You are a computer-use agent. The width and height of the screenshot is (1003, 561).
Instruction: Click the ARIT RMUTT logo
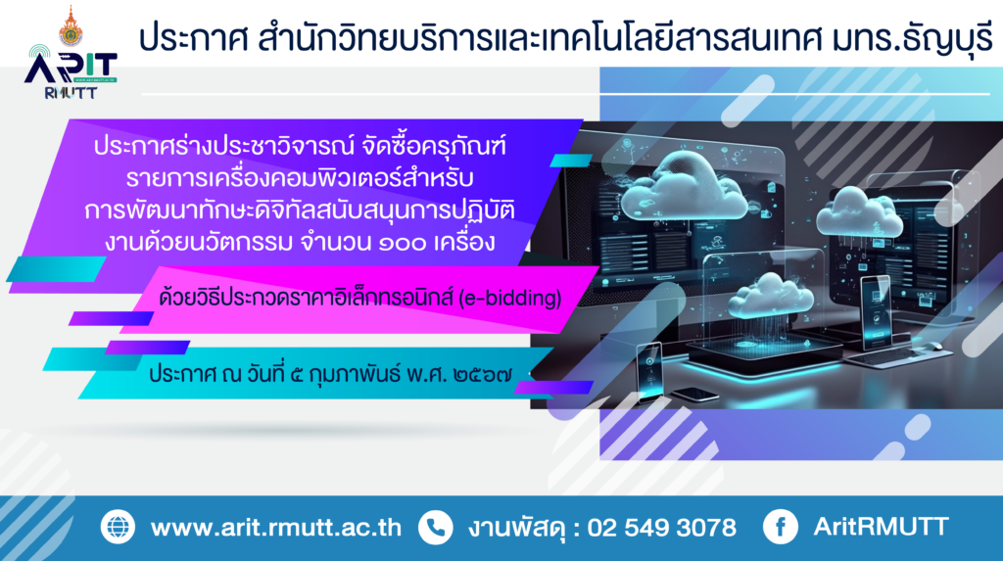71,71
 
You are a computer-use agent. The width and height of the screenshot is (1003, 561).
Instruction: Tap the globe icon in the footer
118,527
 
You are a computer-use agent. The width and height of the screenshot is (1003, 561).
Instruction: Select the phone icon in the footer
436,527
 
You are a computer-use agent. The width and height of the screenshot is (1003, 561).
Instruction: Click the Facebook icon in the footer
781,527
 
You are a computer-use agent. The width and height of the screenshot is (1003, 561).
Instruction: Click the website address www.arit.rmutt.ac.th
276,528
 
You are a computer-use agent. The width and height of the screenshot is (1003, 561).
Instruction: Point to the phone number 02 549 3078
662,528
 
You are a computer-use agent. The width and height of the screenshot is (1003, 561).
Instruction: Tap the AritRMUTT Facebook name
881,527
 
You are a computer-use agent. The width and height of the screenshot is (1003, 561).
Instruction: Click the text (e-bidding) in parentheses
510,298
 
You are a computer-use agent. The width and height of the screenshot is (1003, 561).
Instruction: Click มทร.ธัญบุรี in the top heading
913,37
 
